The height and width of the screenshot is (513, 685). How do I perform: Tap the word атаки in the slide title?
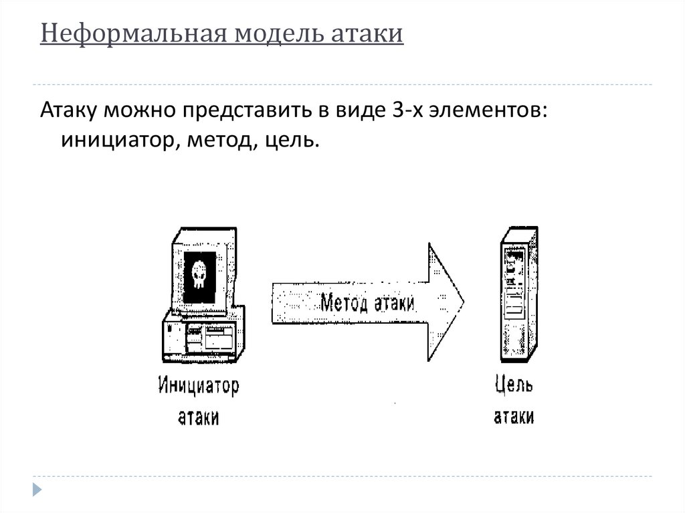coord(368,33)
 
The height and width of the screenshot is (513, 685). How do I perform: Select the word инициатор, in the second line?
coord(120,140)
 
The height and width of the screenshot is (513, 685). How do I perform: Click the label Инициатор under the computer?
coord(199,386)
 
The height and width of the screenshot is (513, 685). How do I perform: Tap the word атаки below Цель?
coord(514,417)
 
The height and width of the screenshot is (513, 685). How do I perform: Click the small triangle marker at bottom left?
coord(38,489)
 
